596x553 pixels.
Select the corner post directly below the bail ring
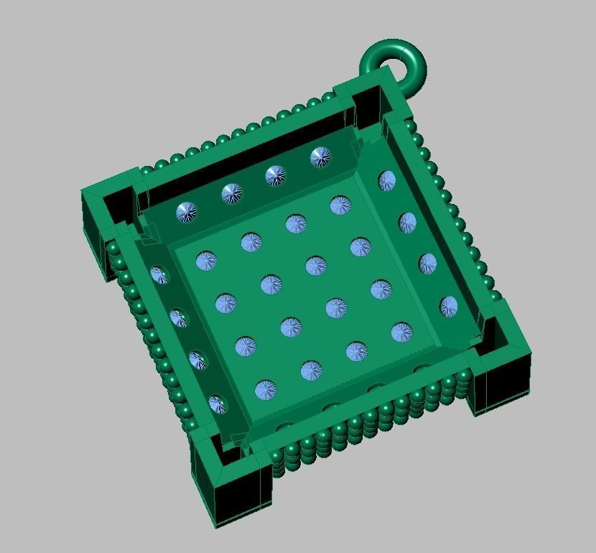click(368, 101)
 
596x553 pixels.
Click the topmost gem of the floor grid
click(340, 206)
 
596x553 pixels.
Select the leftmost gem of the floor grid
click(206, 261)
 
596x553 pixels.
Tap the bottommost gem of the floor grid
click(266, 391)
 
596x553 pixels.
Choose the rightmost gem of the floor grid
click(401, 332)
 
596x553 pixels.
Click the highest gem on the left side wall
click(159, 275)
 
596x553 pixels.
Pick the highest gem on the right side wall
click(386, 181)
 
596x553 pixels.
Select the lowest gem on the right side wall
click(449, 307)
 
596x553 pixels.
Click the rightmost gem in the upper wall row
click(320, 157)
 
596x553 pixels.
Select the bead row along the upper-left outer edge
click(237, 134)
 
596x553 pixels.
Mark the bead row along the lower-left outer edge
click(154, 345)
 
